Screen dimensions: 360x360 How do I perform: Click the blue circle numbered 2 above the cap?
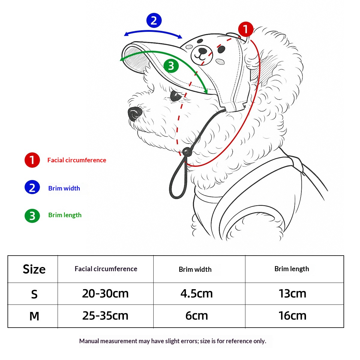click(x=154, y=20)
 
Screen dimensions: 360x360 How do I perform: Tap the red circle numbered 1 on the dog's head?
click(x=246, y=29)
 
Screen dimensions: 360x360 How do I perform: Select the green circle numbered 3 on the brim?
click(x=171, y=66)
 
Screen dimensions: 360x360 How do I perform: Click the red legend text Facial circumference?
click(x=76, y=160)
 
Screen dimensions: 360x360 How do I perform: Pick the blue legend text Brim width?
click(x=64, y=188)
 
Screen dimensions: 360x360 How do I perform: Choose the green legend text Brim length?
click(x=65, y=215)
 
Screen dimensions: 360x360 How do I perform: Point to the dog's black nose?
click(x=135, y=114)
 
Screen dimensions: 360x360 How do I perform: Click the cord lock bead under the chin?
click(x=187, y=151)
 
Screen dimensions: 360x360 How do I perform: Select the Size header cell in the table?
click(x=34, y=269)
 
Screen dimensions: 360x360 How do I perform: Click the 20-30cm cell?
click(x=105, y=294)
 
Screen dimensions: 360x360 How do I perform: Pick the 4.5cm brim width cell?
click(x=196, y=294)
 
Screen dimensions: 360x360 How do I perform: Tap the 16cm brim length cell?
click(x=292, y=316)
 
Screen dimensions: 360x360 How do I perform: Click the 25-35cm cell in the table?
click(x=105, y=316)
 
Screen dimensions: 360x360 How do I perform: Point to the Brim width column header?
click(x=195, y=269)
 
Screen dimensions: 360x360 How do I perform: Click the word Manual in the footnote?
click(x=89, y=341)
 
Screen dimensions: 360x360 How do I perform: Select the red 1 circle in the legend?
click(x=32, y=160)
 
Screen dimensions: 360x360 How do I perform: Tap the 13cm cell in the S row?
click(x=292, y=294)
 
